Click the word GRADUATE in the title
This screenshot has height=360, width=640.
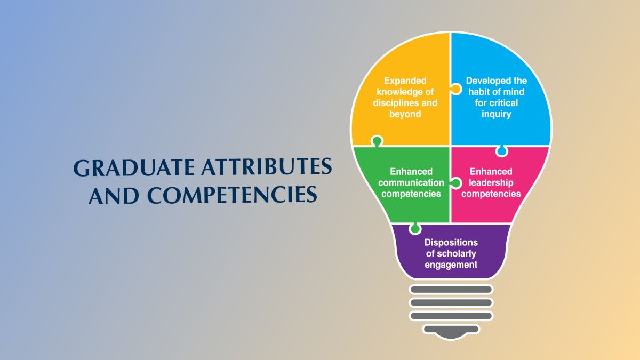(x=134, y=167)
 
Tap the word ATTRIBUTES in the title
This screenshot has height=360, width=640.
(x=267, y=167)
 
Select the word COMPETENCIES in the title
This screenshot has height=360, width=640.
(x=232, y=195)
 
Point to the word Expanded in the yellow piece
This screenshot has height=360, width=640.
(x=405, y=81)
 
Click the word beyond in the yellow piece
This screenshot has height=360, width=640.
(x=405, y=114)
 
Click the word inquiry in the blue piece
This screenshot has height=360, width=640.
(x=497, y=114)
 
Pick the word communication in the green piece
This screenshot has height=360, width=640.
(x=411, y=182)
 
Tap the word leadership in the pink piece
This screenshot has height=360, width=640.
(x=491, y=183)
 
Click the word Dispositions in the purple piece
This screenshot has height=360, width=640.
(x=451, y=242)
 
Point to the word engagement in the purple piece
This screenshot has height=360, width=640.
(x=451, y=265)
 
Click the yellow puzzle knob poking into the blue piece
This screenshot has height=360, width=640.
(x=456, y=89)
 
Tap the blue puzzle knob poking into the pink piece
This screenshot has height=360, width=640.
(x=502, y=151)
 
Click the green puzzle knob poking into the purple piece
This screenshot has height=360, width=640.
(x=415, y=228)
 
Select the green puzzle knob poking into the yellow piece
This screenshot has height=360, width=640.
(x=377, y=141)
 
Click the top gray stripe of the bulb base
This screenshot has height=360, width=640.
(x=451, y=290)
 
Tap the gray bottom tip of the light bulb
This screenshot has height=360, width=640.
(x=451, y=331)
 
